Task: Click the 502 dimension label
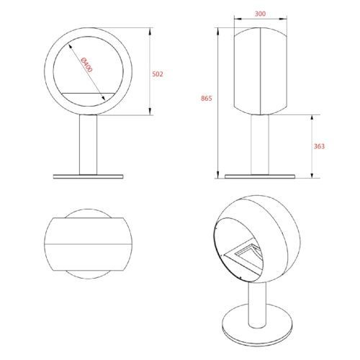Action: (x=158, y=74)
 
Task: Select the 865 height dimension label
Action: (x=207, y=98)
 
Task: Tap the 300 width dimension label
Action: (x=260, y=14)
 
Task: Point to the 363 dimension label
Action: (x=319, y=146)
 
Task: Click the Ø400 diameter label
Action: (x=86, y=65)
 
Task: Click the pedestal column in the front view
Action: (x=89, y=145)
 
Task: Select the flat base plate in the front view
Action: (x=89, y=176)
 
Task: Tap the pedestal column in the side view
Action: (x=260, y=145)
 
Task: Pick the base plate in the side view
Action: (x=260, y=176)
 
